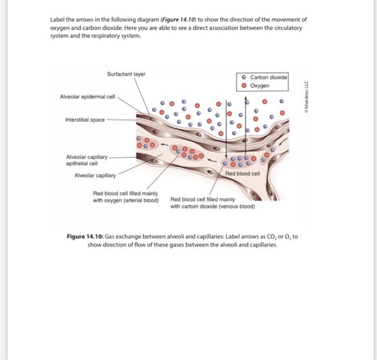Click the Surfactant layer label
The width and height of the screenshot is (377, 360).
coord(126,74)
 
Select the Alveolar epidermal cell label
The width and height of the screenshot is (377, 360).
coord(87,96)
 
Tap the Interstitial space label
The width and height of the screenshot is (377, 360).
coord(85,120)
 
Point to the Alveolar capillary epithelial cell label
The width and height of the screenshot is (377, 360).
coord(86,160)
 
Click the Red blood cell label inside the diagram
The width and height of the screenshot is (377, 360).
coord(242,174)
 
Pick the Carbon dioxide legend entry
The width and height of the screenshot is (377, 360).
coord(269,78)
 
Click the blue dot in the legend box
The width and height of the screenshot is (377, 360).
coord(245,78)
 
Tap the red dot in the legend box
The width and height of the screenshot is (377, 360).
coord(245,86)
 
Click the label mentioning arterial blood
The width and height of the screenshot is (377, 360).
coord(125,197)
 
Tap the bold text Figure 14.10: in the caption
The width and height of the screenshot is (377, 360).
coord(85,237)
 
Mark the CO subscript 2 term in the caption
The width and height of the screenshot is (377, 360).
coord(270,237)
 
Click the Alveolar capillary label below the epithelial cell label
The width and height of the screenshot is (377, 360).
coord(95,175)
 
